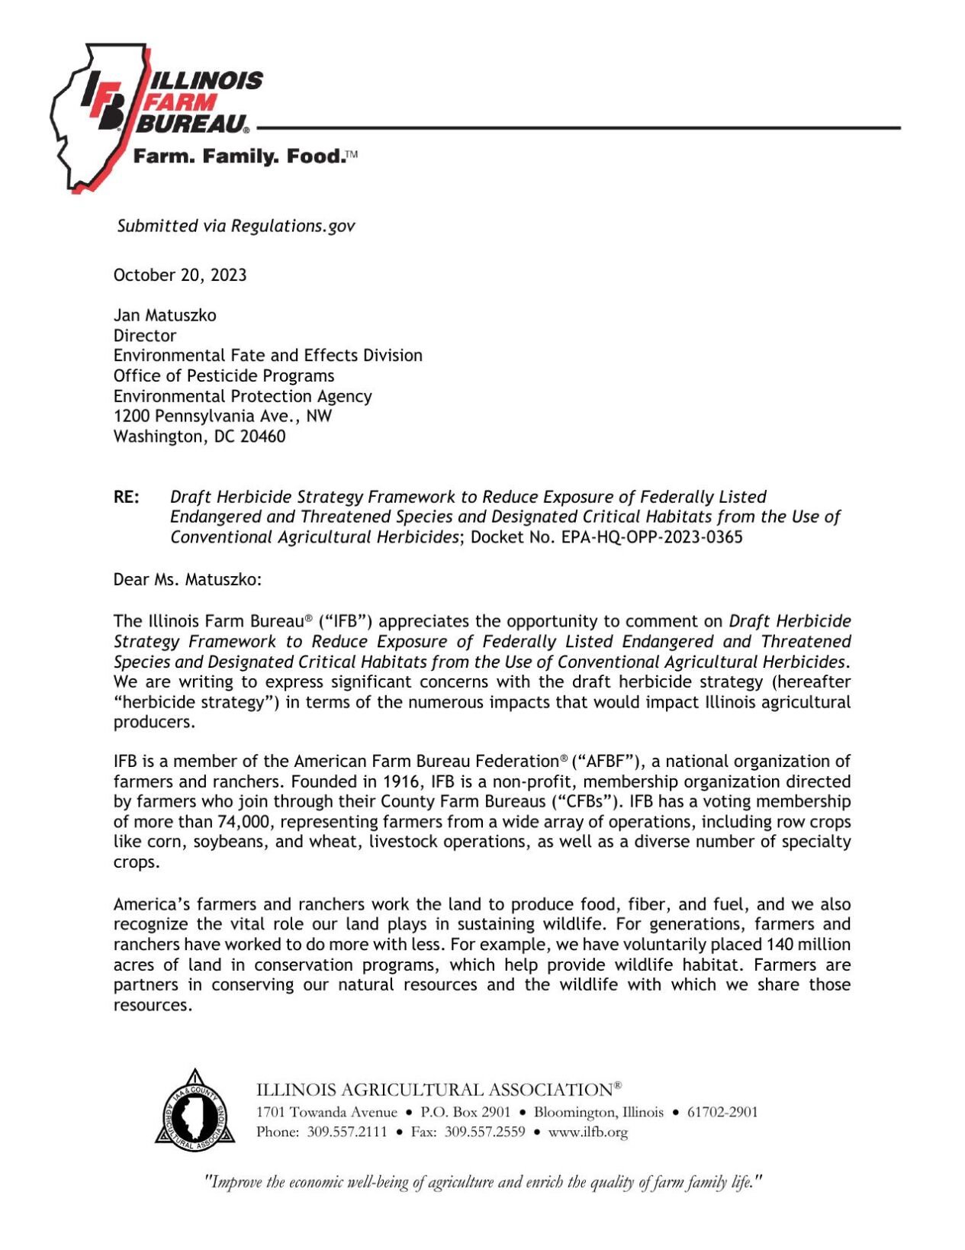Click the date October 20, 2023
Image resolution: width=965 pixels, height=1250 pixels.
(179, 275)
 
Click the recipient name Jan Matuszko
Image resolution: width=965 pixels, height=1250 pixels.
(165, 315)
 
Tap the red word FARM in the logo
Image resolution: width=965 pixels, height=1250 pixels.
(182, 101)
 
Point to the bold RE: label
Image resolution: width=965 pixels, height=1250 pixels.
(127, 498)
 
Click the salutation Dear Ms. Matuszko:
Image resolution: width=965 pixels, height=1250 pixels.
(187, 579)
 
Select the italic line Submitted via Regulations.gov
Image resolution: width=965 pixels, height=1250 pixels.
(236, 226)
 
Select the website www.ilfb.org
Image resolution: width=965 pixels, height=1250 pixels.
(587, 1132)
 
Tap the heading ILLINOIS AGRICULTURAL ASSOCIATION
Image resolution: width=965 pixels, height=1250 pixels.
(433, 1090)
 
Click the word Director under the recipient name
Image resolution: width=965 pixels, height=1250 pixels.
(145, 336)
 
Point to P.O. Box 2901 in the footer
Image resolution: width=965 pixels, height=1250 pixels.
(465, 1112)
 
